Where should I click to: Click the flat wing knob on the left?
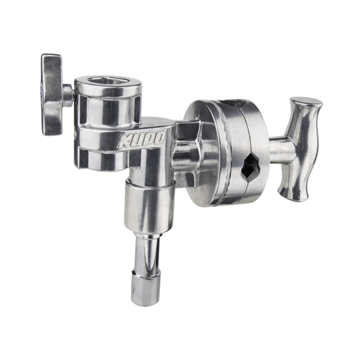pyautogui.click(x=52, y=94)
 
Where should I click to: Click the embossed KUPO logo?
pyautogui.click(x=141, y=140)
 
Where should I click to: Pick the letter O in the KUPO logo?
pyautogui.click(x=159, y=137)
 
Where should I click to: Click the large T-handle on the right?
pyautogui.click(x=300, y=149)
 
